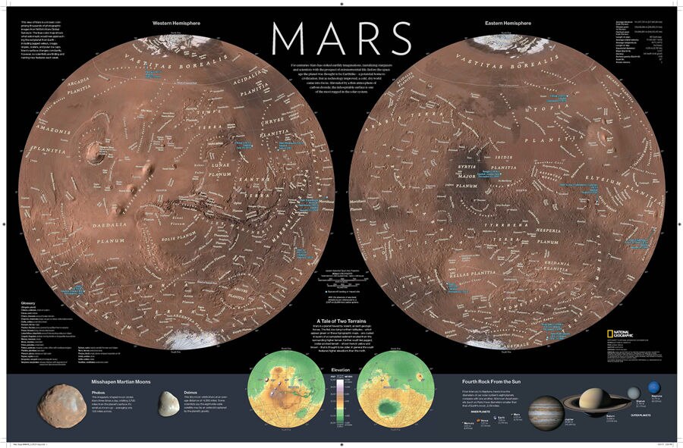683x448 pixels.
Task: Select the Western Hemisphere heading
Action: click(175, 23)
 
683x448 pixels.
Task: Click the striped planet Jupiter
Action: click(546, 412)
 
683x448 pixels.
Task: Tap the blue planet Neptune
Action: click(653, 389)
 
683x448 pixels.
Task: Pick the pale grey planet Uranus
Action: click(633, 391)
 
